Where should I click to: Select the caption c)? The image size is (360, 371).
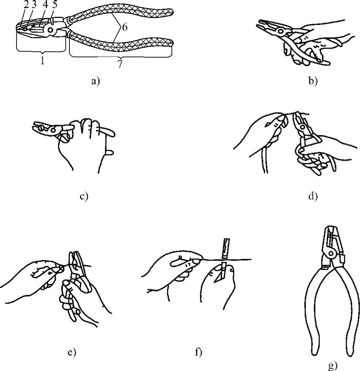84,196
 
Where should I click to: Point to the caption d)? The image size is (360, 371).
313,196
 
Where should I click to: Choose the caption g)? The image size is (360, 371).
332,366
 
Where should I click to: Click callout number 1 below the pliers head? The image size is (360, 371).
43,61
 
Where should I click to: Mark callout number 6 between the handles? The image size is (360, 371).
125,28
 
